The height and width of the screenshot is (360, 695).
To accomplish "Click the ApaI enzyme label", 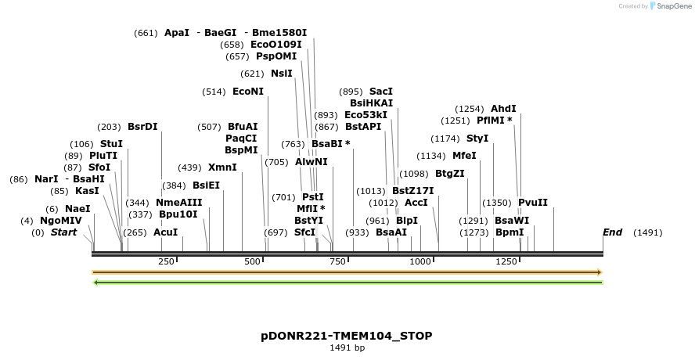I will (177, 33).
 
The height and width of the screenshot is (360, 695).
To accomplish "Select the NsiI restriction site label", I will (281, 74).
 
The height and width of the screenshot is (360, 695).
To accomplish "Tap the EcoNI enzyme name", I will (248, 92).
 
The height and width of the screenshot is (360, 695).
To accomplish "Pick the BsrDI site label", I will (142, 127).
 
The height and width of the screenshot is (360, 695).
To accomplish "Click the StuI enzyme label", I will (111, 144).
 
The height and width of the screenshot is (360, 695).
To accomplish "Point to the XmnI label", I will (222, 167).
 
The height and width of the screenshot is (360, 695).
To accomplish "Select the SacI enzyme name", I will (380, 92).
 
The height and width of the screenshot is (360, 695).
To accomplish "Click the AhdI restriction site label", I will (503, 109).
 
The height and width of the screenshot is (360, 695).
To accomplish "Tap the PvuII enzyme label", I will (533, 203).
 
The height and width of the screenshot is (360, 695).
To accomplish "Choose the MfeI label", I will (464, 156).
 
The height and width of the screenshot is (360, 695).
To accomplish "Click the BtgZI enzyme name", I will (450, 174).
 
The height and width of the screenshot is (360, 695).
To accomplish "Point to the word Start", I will (64, 232).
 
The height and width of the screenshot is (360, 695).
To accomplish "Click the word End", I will (613, 232).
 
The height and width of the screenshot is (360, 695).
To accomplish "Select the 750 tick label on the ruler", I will (337, 261).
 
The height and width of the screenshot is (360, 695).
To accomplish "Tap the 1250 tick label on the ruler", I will (506, 261).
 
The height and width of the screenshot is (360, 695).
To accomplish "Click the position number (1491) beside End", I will (647, 232).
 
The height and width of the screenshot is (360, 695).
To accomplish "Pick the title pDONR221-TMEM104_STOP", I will (347, 336).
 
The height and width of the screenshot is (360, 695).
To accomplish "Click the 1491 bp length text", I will (347, 347).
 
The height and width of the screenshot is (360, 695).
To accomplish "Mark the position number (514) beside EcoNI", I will (214, 92).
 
